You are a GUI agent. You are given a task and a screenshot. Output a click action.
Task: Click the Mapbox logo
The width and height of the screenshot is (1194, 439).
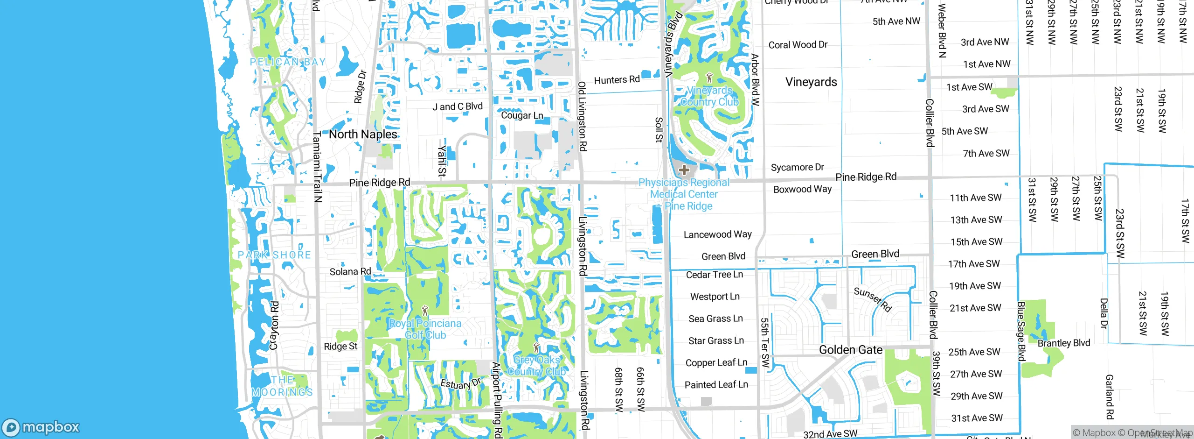tap(41, 427)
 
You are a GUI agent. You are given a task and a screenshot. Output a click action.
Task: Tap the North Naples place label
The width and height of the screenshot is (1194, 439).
tap(363, 135)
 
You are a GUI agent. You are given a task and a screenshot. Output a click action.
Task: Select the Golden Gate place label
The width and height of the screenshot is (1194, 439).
tap(851, 350)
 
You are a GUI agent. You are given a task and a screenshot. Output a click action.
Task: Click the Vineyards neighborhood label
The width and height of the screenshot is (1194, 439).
tap(811, 82)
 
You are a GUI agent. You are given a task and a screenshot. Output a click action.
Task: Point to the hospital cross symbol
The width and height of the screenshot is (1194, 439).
tap(684, 170)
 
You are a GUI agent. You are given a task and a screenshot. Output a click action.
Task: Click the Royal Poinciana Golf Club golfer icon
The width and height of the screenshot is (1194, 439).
tap(424, 311)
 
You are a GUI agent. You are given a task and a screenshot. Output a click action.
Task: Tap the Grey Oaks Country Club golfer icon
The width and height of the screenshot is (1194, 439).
tap(536, 347)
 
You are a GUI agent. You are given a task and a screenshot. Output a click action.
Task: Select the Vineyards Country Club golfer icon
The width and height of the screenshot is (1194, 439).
tap(709, 78)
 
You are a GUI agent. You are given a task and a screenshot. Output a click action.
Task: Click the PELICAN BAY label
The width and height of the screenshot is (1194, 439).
tap(287, 62)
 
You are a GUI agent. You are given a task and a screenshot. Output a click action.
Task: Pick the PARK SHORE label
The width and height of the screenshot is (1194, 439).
tap(274, 255)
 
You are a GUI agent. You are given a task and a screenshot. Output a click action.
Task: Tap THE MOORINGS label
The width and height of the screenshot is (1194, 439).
tap(282, 386)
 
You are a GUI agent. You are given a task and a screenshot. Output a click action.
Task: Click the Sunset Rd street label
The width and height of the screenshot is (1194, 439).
tap(873, 299)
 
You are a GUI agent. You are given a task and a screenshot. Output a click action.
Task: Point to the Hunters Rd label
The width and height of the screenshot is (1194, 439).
tap(617, 80)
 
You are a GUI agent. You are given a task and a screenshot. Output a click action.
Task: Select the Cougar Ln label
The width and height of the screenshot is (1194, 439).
tap(522, 115)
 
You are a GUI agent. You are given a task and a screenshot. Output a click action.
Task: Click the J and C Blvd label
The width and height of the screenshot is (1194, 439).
tap(458, 106)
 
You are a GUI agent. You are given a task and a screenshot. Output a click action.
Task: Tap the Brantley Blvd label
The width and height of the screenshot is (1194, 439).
tap(1063, 343)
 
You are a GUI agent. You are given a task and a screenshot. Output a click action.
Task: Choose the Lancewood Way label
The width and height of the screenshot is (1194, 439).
tap(717, 234)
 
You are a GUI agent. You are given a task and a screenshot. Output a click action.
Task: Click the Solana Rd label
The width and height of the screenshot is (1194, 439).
tap(350, 271)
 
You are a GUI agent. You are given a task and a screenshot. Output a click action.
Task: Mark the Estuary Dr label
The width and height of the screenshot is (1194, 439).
tap(460, 384)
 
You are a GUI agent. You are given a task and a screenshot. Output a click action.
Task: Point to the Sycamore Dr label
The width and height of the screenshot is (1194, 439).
tap(797, 167)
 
